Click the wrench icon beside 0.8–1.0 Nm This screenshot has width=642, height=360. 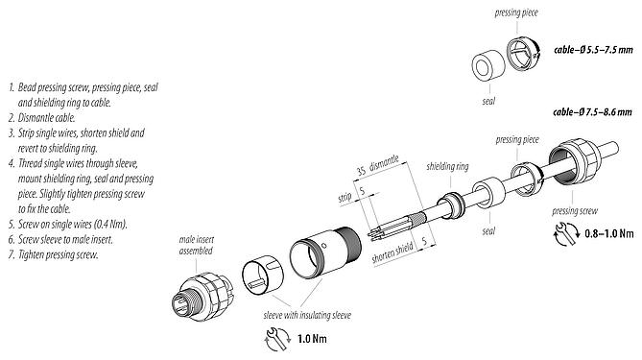pos(564,232)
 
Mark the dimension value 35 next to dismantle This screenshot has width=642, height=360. pos(360,170)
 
